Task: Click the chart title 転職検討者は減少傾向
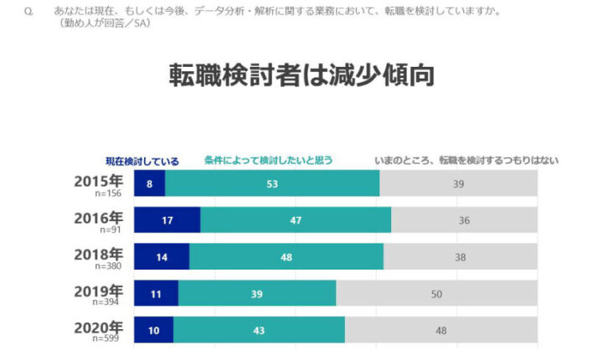click(x=301, y=75)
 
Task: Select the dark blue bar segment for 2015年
click(x=149, y=184)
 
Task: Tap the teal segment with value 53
click(x=272, y=184)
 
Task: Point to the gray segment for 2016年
click(x=464, y=220)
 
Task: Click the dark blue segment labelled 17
click(x=167, y=220)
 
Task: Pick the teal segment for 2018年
click(x=286, y=257)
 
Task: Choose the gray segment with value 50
click(x=436, y=294)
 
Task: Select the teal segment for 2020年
click(x=259, y=330)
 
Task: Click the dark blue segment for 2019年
click(x=156, y=294)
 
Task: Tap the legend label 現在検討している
click(x=142, y=160)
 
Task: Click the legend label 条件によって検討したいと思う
click(x=268, y=160)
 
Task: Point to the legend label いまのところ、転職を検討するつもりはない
click(x=466, y=160)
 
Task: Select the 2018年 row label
click(x=98, y=253)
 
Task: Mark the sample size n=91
click(x=111, y=229)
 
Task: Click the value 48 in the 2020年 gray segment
click(x=441, y=330)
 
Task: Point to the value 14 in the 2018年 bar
click(x=161, y=257)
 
